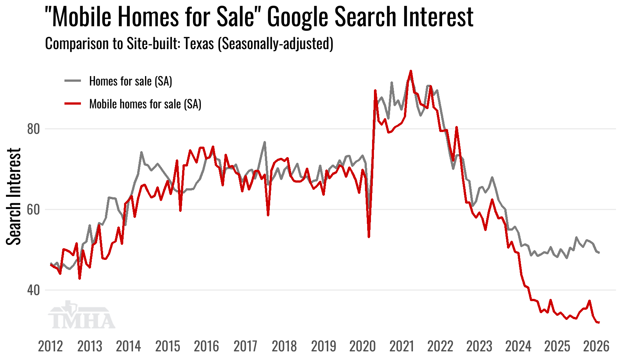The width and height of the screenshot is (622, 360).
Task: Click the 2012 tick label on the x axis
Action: [51, 346]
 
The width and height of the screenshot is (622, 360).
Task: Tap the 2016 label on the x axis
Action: [206, 346]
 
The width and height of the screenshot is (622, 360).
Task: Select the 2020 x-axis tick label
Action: [362, 346]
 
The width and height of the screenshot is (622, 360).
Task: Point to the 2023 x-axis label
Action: [479, 346]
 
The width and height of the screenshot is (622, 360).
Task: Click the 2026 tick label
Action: [596, 346]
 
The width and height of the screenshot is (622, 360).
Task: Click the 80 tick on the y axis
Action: [33, 129]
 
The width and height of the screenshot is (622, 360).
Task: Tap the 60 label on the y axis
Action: [33, 210]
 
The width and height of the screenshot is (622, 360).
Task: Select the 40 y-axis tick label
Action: [33, 290]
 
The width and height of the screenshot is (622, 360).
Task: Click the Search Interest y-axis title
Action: [14, 196]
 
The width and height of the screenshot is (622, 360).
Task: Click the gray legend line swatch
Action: [73, 81]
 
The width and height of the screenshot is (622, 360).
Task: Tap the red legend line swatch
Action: [73, 103]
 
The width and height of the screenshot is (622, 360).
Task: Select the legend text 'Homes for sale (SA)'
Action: [130, 81]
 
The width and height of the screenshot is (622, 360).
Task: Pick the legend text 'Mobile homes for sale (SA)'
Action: [145, 104]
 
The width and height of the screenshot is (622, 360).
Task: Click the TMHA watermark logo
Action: [81, 315]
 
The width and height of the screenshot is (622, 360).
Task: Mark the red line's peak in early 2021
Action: [411, 71]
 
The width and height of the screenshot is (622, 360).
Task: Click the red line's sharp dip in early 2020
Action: [369, 237]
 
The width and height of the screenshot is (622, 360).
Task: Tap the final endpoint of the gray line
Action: [599, 253]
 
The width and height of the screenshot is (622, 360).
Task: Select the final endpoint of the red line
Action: [599, 322]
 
